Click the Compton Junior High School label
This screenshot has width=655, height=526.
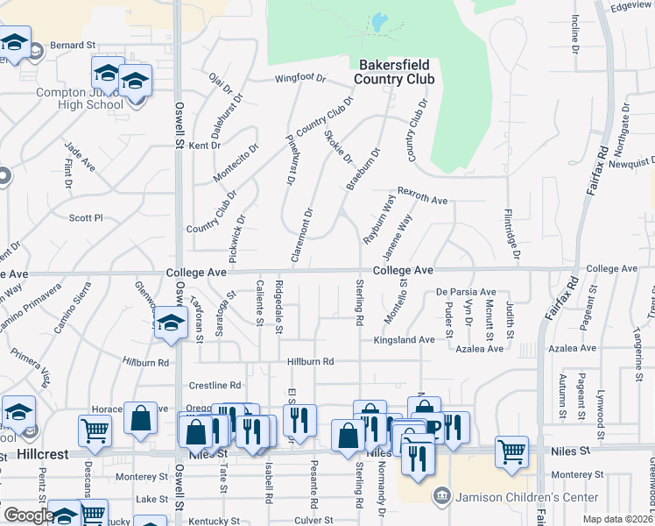pyautogui.click(x=79, y=98)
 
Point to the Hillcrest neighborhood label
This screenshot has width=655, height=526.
pyautogui.click(x=41, y=454)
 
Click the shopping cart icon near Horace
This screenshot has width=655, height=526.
pyautogui.click(x=95, y=431)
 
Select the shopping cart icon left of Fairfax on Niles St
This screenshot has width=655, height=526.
pyautogui.click(x=511, y=451)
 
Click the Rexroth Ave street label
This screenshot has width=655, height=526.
pyautogui.click(x=423, y=195)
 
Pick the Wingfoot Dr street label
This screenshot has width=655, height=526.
pyautogui.click(x=299, y=78)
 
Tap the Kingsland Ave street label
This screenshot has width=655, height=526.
pyautogui.click(x=404, y=339)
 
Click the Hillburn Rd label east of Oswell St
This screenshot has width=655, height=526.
pyautogui.click(x=311, y=361)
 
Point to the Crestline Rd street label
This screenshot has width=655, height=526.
pyautogui.click(x=215, y=385)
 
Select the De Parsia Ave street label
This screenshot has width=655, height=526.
pyautogui.click(x=466, y=292)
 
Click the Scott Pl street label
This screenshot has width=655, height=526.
pyautogui.click(x=86, y=217)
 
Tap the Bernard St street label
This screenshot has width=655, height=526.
pyautogui.click(x=73, y=45)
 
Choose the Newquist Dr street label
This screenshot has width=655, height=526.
pyautogui.click(x=632, y=163)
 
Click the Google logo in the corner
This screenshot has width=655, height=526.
pyautogui.click(x=29, y=515)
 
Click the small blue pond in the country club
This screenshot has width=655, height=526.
pyautogui.click(x=379, y=22)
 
